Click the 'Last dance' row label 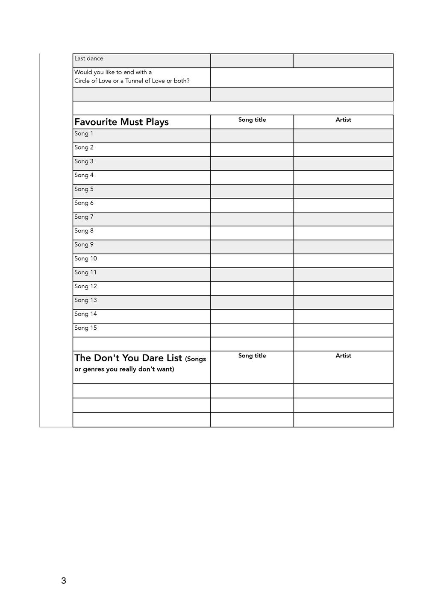89,59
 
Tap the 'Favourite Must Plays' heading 121,122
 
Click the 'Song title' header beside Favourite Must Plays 252,120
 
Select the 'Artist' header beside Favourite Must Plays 343,120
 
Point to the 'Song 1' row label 84,134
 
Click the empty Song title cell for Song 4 252,177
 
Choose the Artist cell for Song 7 343,219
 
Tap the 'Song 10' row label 85,258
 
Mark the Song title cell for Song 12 252,288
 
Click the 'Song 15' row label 85,328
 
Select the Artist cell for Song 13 343,302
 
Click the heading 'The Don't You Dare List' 128,358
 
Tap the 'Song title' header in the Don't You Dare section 252,356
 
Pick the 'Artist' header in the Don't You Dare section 343,356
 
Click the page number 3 64,580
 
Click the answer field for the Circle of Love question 302,77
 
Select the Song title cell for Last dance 252,61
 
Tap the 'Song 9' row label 84,245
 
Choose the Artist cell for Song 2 343,149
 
